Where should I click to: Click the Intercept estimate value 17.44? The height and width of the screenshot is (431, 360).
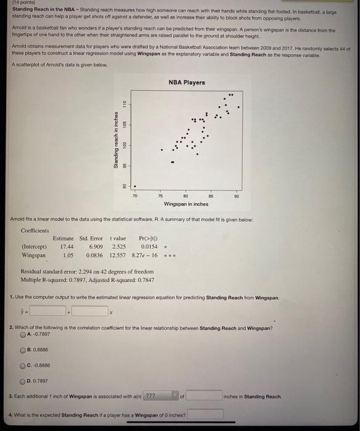(68, 246)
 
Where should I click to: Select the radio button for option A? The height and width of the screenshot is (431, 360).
(23, 335)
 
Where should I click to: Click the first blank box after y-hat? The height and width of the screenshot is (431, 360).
(49, 312)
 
